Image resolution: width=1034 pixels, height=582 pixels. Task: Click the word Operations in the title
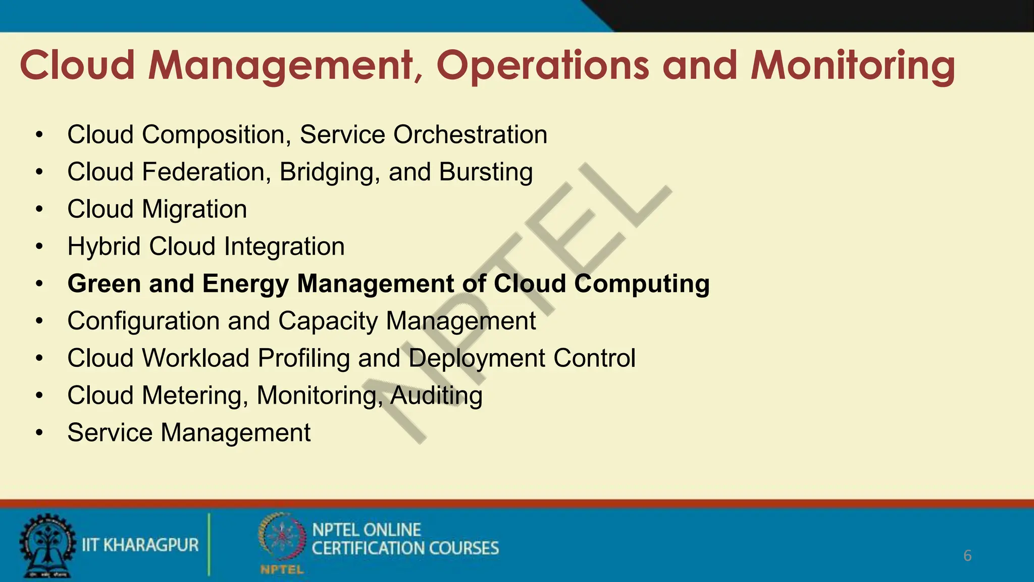click(543, 66)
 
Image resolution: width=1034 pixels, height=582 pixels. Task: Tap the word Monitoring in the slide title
click(852, 66)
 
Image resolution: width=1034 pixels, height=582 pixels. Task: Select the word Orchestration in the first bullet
click(470, 134)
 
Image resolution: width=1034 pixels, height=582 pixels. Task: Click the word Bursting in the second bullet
click(486, 172)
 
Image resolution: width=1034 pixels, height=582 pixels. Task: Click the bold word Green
click(104, 283)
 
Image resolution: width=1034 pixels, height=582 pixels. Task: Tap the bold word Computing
click(642, 283)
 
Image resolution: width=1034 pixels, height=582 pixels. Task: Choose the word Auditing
click(436, 396)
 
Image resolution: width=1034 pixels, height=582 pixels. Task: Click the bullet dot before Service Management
click(40, 433)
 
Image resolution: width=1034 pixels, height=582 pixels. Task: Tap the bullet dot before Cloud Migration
click(40, 209)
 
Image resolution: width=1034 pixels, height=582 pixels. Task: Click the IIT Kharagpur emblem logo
click(46, 546)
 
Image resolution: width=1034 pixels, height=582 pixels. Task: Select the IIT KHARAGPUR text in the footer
click(140, 545)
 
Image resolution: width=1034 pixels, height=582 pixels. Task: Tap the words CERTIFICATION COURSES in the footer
click(405, 549)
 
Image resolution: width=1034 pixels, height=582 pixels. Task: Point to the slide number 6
click(967, 556)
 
